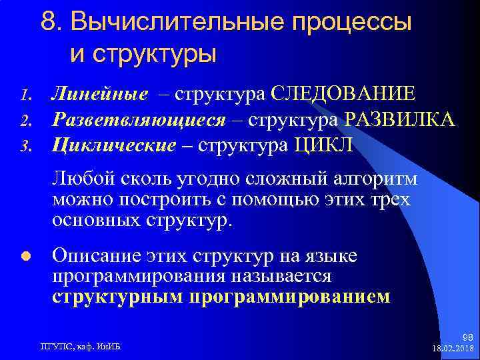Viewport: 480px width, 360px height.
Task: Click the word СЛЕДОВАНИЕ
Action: coord(343,94)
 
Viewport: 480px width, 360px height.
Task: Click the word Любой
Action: coord(76,179)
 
